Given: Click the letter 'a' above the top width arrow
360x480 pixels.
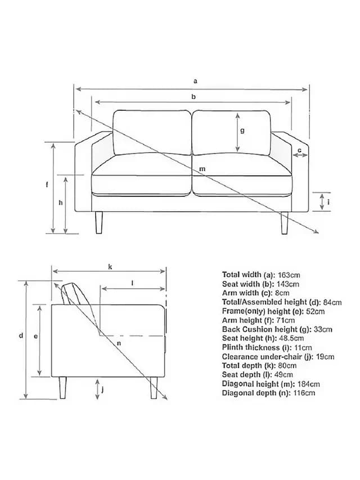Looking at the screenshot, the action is pos(195,82).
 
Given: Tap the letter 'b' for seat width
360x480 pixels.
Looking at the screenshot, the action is pos(193,97).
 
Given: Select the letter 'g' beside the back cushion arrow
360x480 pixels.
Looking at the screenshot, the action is pos(242,131).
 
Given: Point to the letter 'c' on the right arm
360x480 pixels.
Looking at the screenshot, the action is pos(300,150).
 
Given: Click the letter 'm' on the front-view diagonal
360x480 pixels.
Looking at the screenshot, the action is pos(202,169).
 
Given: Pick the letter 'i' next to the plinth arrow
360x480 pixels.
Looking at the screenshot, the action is pos(328,201).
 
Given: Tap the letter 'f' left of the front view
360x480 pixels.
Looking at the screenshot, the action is pos(47,185).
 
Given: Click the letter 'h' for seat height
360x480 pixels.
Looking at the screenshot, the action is pos(61,203).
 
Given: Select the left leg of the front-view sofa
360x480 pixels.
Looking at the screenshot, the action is pos(99,222).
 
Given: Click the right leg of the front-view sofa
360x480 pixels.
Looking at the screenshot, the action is pos(285,222).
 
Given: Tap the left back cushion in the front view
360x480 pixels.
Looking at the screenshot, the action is pos(152,133).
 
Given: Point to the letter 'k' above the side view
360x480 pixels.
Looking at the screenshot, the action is pos(110,267).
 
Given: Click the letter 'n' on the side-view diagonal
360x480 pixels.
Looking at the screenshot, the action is pos(119,343).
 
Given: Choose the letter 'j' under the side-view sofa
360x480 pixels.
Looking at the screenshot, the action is pos(102,389).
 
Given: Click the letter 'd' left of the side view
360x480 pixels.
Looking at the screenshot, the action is pos(21,335).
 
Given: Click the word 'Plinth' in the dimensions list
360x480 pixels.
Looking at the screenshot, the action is pos(232,347).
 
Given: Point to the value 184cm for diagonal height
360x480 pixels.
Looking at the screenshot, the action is pos(309,384).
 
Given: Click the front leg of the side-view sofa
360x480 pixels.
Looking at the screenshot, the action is pos(154,388).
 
